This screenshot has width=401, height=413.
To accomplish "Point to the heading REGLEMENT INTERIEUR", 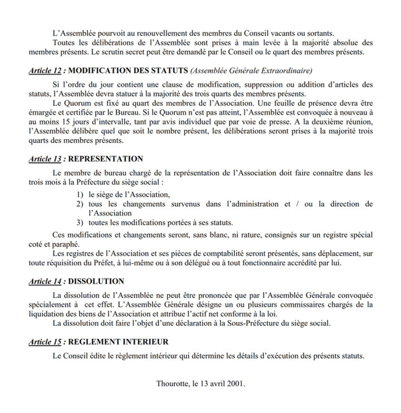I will tap(119, 342).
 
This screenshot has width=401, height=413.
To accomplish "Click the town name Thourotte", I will tap(172, 383).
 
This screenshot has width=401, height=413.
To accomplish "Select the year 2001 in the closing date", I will tap(236, 383).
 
